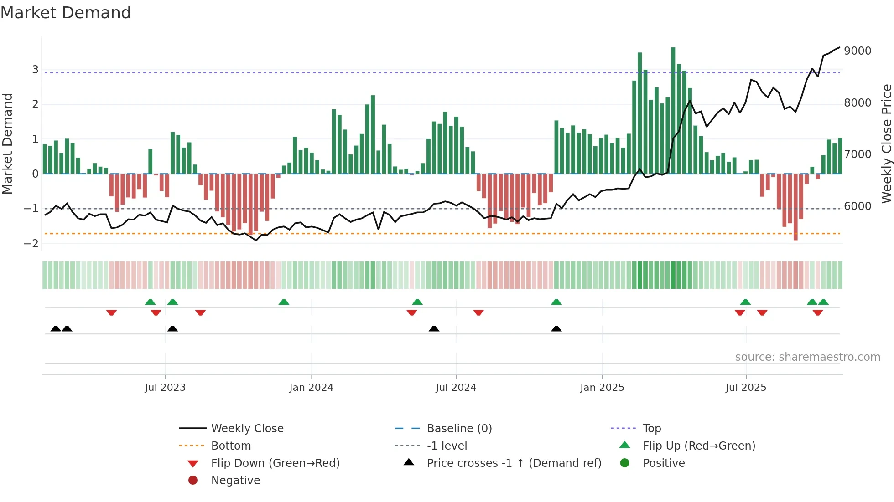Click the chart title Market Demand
point(66,13)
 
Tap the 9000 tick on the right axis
point(857,51)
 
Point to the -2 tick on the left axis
point(31,243)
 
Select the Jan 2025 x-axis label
point(602,388)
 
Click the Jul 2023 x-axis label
point(165,388)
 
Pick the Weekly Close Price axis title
point(886,143)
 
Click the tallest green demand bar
point(673,109)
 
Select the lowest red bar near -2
point(795,207)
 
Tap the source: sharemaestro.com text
point(807,357)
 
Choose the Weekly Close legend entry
point(247,429)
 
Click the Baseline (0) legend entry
point(459,429)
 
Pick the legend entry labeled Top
point(651,429)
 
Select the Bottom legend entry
point(231,446)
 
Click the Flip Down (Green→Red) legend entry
point(275,463)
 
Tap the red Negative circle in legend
point(193,481)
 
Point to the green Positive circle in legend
point(625,463)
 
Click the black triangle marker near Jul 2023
point(172,329)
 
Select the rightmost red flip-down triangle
point(817,312)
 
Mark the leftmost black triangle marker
point(56,329)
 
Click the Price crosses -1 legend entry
point(514,463)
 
